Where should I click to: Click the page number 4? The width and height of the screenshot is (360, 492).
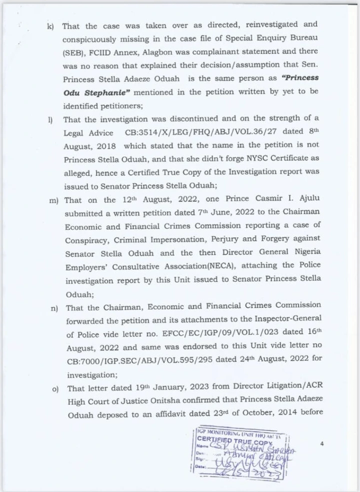(322, 444)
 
